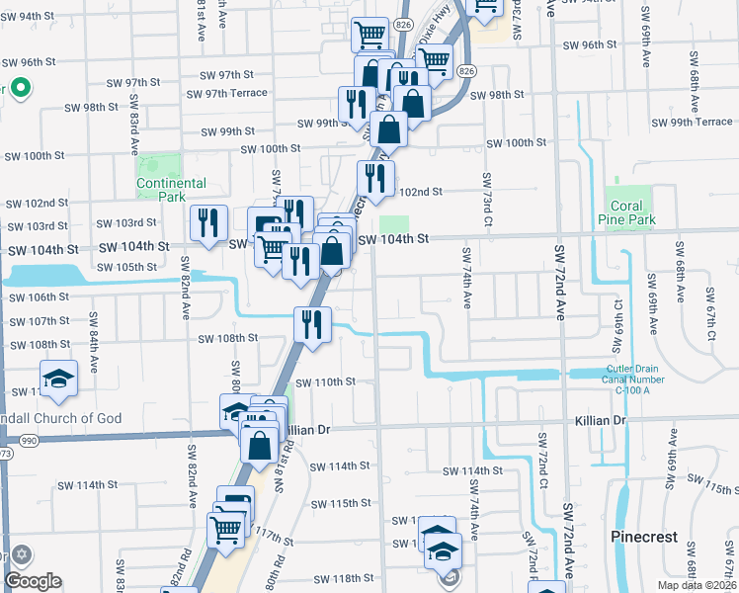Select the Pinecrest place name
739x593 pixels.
[643, 537]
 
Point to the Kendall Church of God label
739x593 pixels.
[61, 418]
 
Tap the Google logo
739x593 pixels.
[33, 581]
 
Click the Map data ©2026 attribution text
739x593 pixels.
[697, 585]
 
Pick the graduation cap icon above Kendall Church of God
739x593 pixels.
[59, 378]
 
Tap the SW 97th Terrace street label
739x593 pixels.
[233, 93]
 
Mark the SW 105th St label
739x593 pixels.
[123, 267]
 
